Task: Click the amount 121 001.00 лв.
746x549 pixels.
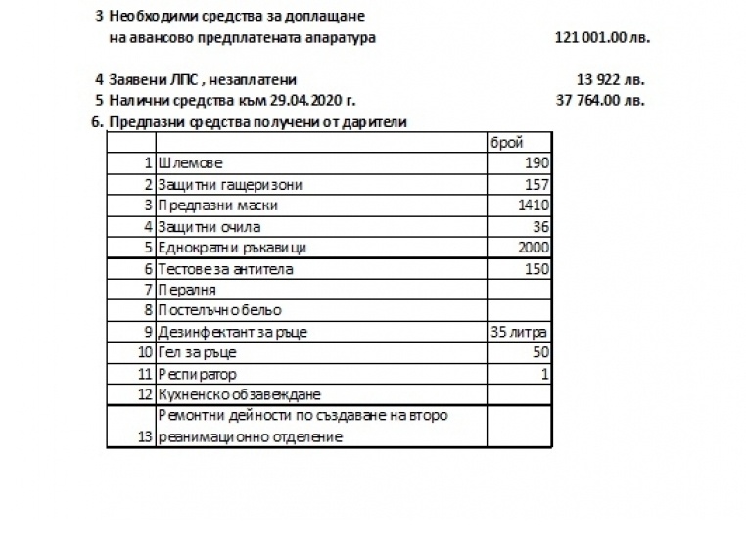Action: point(602,38)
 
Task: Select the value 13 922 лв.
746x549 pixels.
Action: point(612,79)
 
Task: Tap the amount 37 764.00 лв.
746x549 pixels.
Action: point(601,100)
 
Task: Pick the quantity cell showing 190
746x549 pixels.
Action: point(537,163)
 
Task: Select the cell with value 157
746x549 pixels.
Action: point(537,184)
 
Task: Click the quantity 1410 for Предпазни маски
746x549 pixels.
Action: point(535,206)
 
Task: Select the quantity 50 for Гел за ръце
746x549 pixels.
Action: point(540,352)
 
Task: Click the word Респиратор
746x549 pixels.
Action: point(197,374)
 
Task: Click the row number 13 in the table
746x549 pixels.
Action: point(146,436)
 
